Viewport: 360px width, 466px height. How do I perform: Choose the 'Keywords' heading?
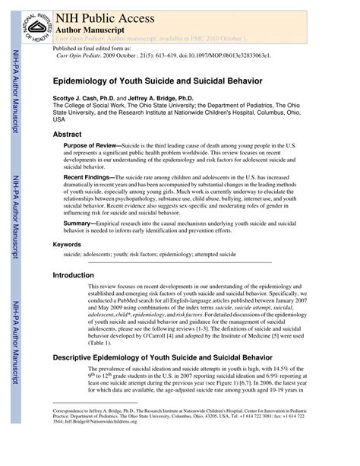pyautogui.click(x=67, y=245)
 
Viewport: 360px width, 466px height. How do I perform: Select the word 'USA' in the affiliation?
pyautogui.click(x=58, y=120)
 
